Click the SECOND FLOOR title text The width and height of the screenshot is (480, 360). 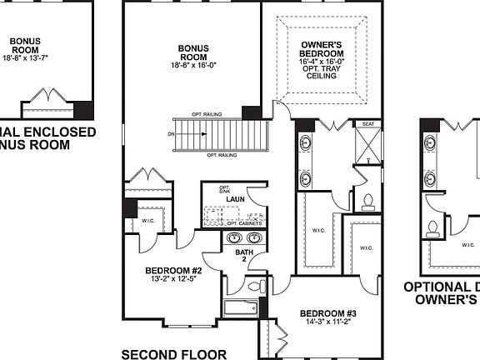click(173, 354)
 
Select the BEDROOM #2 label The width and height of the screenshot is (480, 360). click(173, 270)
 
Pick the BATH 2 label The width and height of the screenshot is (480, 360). click(243, 254)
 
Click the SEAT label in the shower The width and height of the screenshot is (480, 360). click(367, 124)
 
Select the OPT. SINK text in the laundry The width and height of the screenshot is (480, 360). click(224, 189)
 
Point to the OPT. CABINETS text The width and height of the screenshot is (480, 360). click(241, 224)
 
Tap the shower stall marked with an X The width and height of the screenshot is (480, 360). click(367, 147)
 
